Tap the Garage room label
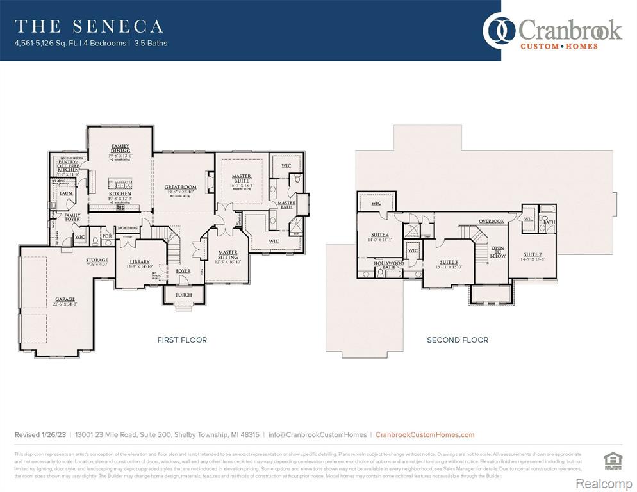(65, 299)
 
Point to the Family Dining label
(120, 149)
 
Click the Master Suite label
(242, 179)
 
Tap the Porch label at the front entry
(183, 295)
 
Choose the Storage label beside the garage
(97, 260)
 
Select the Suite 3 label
(449, 262)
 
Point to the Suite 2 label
(533, 255)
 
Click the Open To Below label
(498, 252)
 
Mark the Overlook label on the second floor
(492, 222)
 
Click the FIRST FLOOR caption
(182, 340)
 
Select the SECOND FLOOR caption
(458, 340)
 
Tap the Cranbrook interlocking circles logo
(499, 31)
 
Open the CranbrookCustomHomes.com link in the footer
(424, 435)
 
